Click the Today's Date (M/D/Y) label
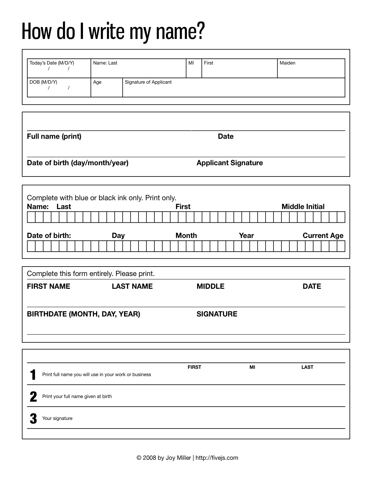[52, 63]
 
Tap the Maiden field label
[287, 63]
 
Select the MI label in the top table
[191, 63]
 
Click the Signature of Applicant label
[148, 82]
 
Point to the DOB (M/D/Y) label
[43, 82]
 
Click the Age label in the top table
[97, 82]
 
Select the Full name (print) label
[54, 136]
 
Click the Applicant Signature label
[229, 163]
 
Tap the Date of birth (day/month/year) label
[77, 163]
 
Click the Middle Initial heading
[303, 207]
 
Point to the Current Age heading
[323, 236]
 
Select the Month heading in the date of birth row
[186, 236]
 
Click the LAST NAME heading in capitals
[132, 286]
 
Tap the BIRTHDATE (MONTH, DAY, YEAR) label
[83, 314]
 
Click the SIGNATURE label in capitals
[217, 314]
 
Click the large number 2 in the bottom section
[33, 397]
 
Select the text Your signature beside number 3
[57, 418]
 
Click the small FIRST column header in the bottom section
[194, 367]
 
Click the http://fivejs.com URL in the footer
[217, 458]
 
